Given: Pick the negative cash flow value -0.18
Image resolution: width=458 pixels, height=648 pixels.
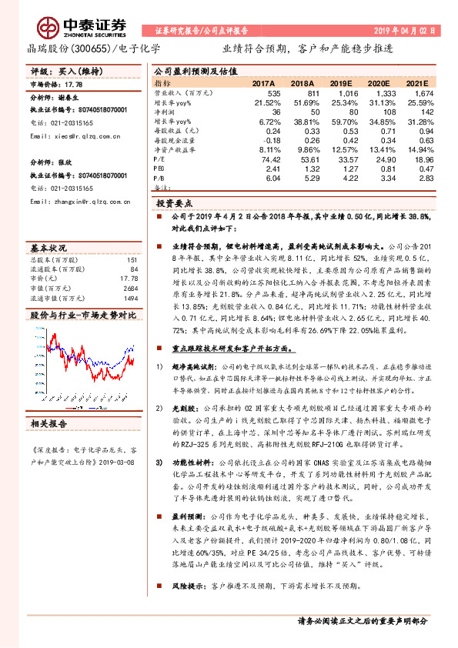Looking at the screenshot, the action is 271,141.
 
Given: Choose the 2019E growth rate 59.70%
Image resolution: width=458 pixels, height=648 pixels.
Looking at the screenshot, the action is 345,121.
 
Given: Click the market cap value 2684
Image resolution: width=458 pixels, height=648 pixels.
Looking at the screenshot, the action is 129,288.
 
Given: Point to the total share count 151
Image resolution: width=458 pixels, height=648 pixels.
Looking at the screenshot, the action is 131,260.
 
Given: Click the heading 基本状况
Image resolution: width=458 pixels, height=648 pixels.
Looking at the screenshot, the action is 48,249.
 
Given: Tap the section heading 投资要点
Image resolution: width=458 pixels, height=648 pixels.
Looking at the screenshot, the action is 175,204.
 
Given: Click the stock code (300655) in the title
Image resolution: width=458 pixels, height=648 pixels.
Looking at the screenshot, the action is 89,48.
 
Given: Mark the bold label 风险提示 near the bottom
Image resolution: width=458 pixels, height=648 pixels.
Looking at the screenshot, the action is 188,586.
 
